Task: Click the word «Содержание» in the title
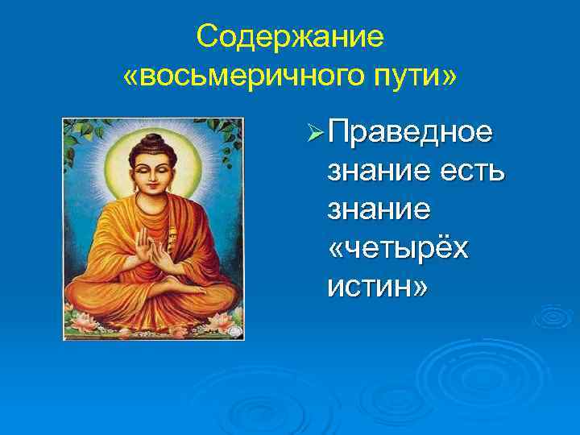click(290, 37)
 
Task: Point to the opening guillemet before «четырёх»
click(338, 249)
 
